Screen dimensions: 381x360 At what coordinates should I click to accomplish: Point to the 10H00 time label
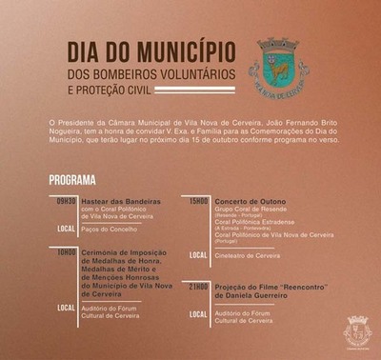point(64,250)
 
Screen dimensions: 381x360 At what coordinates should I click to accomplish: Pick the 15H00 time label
point(197,200)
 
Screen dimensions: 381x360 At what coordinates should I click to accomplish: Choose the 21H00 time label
point(197,285)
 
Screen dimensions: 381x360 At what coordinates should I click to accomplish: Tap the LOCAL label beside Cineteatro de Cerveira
point(198,254)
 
